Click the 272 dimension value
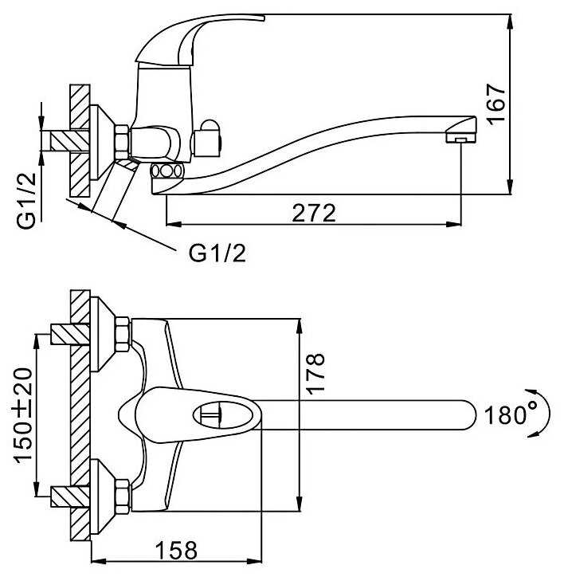click(314, 213)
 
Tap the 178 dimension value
click(315, 374)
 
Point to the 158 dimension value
click(176, 551)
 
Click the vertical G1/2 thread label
click(27, 201)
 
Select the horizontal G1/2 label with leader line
click(217, 253)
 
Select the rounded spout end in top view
click(467, 414)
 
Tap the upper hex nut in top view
click(123, 334)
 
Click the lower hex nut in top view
click(123, 497)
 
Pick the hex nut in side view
click(123, 142)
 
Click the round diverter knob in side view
click(207, 139)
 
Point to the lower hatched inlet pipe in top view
click(70, 497)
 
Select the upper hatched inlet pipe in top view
click(70, 334)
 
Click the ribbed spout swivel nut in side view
click(166, 172)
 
